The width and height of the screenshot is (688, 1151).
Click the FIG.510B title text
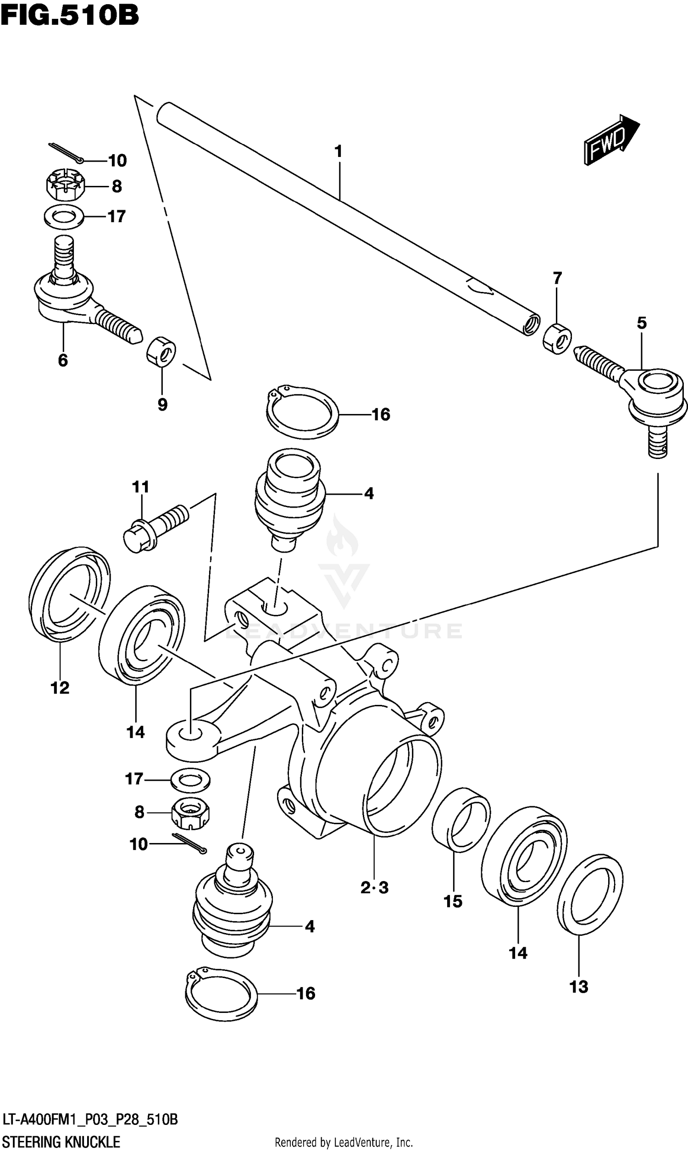tap(70, 16)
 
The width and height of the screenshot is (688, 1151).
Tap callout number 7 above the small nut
tap(557, 278)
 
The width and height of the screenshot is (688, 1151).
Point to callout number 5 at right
tap(642, 323)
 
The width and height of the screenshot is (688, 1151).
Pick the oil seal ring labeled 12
tap(70, 593)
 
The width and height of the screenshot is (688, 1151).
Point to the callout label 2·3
tap(374, 888)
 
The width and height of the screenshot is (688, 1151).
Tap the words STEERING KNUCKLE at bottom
tap(61, 1141)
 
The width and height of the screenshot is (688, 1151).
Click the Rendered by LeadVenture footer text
tap(344, 1142)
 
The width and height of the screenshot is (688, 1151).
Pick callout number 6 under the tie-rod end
tap(63, 360)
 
